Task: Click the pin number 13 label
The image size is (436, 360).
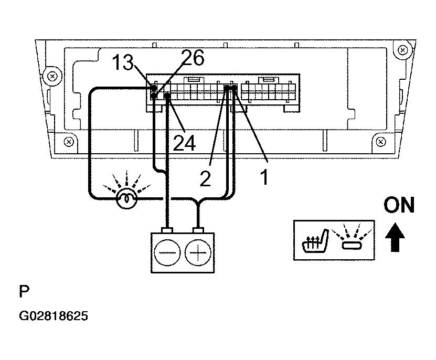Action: click(123, 62)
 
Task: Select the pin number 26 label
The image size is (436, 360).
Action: click(193, 58)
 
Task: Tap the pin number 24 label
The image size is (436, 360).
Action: click(184, 143)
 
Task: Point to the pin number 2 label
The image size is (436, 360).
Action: click(206, 179)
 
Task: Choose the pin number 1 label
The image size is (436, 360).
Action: click(264, 177)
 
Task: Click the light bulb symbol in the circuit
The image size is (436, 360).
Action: click(126, 198)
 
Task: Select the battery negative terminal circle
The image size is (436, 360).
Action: click(167, 252)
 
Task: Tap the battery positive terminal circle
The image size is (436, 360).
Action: click(198, 252)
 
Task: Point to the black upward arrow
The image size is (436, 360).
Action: click(395, 238)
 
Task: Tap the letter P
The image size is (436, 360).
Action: click(24, 291)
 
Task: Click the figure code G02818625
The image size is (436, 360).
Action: click(54, 316)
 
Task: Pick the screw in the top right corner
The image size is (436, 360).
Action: click(403, 50)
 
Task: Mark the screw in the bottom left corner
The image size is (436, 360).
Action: click(69, 142)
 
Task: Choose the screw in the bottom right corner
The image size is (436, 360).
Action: click(381, 142)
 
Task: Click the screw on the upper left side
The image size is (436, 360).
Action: click(52, 76)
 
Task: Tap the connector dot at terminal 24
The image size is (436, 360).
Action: click(167, 96)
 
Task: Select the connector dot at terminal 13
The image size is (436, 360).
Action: click(154, 88)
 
